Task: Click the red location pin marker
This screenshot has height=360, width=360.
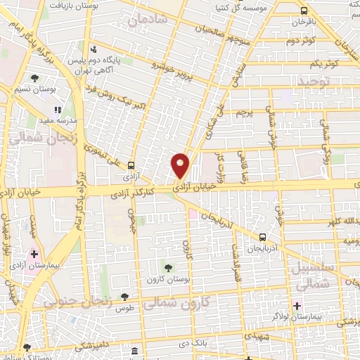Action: pyautogui.click(x=181, y=165)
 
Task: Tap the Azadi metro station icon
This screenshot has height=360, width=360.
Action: pyautogui.click(x=131, y=165)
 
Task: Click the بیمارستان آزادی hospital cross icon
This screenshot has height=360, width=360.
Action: pyautogui.click(x=34, y=253)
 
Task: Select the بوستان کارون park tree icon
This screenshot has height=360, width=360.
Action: pyautogui.click(x=167, y=267)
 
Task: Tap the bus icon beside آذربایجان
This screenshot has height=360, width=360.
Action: pyautogui.click(x=262, y=238)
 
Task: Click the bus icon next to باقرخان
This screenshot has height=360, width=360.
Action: pyautogui.click(x=304, y=11)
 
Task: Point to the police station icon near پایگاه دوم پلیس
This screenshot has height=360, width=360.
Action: pyautogui.click(x=94, y=49)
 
